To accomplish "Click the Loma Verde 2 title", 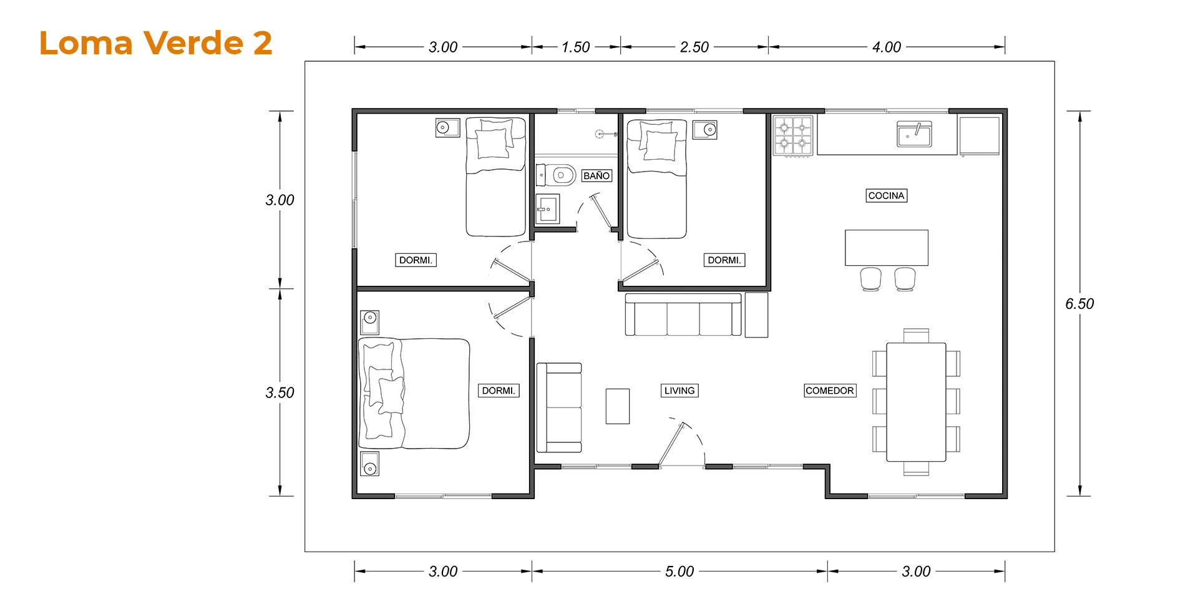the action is [x=155, y=43].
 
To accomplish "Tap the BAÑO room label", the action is [x=597, y=176].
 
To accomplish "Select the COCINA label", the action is [x=886, y=196].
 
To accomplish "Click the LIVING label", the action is [x=679, y=391].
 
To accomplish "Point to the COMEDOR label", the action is [x=830, y=391].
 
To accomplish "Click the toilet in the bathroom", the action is [x=556, y=175].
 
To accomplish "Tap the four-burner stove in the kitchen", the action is [x=793, y=135].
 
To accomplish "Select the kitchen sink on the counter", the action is [x=914, y=134].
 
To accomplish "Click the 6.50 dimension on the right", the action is [x=1079, y=304].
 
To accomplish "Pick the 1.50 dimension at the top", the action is [x=575, y=47].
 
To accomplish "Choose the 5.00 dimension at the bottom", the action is [x=679, y=572].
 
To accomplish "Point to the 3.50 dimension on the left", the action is [x=280, y=392].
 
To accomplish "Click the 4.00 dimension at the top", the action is [x=887, y=47].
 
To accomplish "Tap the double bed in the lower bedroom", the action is [x=414, y=394].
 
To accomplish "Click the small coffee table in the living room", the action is [x=618, y=406].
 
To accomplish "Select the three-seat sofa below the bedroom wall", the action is [x=683, y=315].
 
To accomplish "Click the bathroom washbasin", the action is [x=548, y=208].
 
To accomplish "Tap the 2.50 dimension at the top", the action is [x=694, y=47].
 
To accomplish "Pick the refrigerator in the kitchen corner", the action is [x=980, y=135].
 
